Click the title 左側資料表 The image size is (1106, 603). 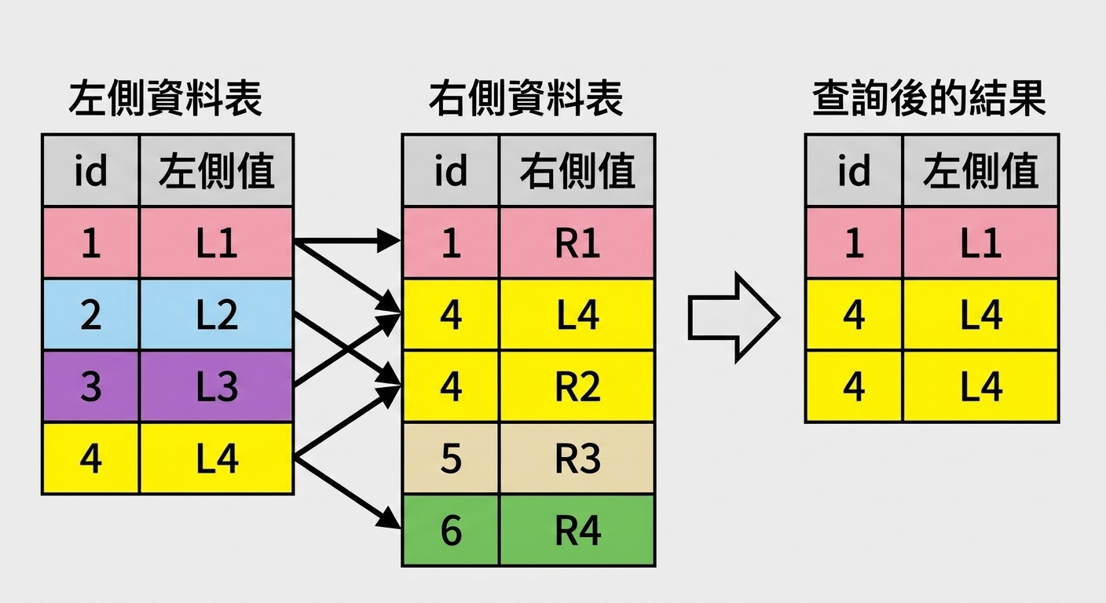click(x=165, y=99)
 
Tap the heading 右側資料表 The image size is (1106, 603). click(x=526, y=99)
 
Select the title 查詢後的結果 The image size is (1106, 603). click(x=929, y=99)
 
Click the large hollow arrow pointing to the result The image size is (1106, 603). click(x=734, y=317)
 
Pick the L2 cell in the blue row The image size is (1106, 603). click(x=217, y=315)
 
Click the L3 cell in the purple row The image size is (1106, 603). click(x=217, y=386)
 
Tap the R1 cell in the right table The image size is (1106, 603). click(x=577, y=243)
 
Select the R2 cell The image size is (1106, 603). click(x=577, y=386)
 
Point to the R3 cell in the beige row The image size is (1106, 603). click(x=577, y=459)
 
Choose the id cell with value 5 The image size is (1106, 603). click(x=451, y=459)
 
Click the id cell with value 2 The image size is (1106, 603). click(x=90, y=315)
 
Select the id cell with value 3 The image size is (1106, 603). click(x=90, y=386)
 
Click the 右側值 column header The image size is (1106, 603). click(x=577, y=170)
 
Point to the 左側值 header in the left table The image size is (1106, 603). click(x=217, y=170)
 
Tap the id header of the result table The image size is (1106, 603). click(x=854, y=170)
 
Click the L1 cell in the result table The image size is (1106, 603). click(x=980, y=243)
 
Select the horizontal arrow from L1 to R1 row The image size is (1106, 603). click(x=347, y=241)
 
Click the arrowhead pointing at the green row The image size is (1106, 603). click(x=390, y=519)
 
